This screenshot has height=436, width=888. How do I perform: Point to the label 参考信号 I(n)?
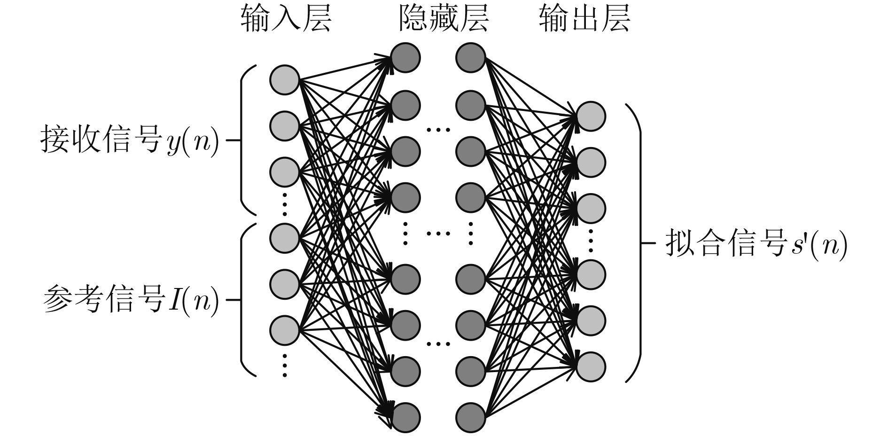(131, 299)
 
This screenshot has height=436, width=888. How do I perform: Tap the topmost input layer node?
(285, 80)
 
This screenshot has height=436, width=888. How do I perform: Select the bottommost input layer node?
(285, 330)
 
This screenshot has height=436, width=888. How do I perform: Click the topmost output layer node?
(591, 116)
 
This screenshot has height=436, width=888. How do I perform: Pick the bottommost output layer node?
(591, 366)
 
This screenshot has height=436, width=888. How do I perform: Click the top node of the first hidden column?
(405, 57)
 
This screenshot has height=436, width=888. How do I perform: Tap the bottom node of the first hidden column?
(405, 417)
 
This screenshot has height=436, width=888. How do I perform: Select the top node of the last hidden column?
(470, 57)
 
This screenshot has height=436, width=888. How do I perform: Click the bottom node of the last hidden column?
(470, 417)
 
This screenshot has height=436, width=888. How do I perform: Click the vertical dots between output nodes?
(591, 241)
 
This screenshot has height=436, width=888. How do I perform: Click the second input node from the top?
(285, 126)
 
